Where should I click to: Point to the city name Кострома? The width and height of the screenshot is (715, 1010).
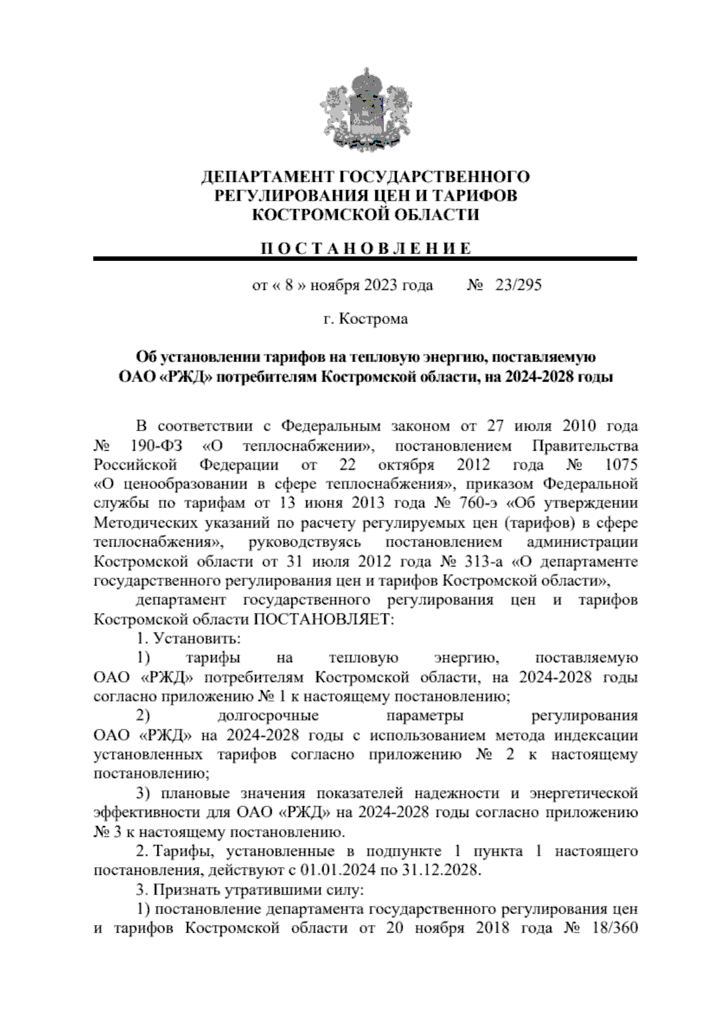(x=374, y=319)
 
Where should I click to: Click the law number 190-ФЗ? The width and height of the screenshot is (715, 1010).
(x=152, y=446)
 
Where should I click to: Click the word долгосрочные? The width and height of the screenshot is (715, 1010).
(x=268, y=716)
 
